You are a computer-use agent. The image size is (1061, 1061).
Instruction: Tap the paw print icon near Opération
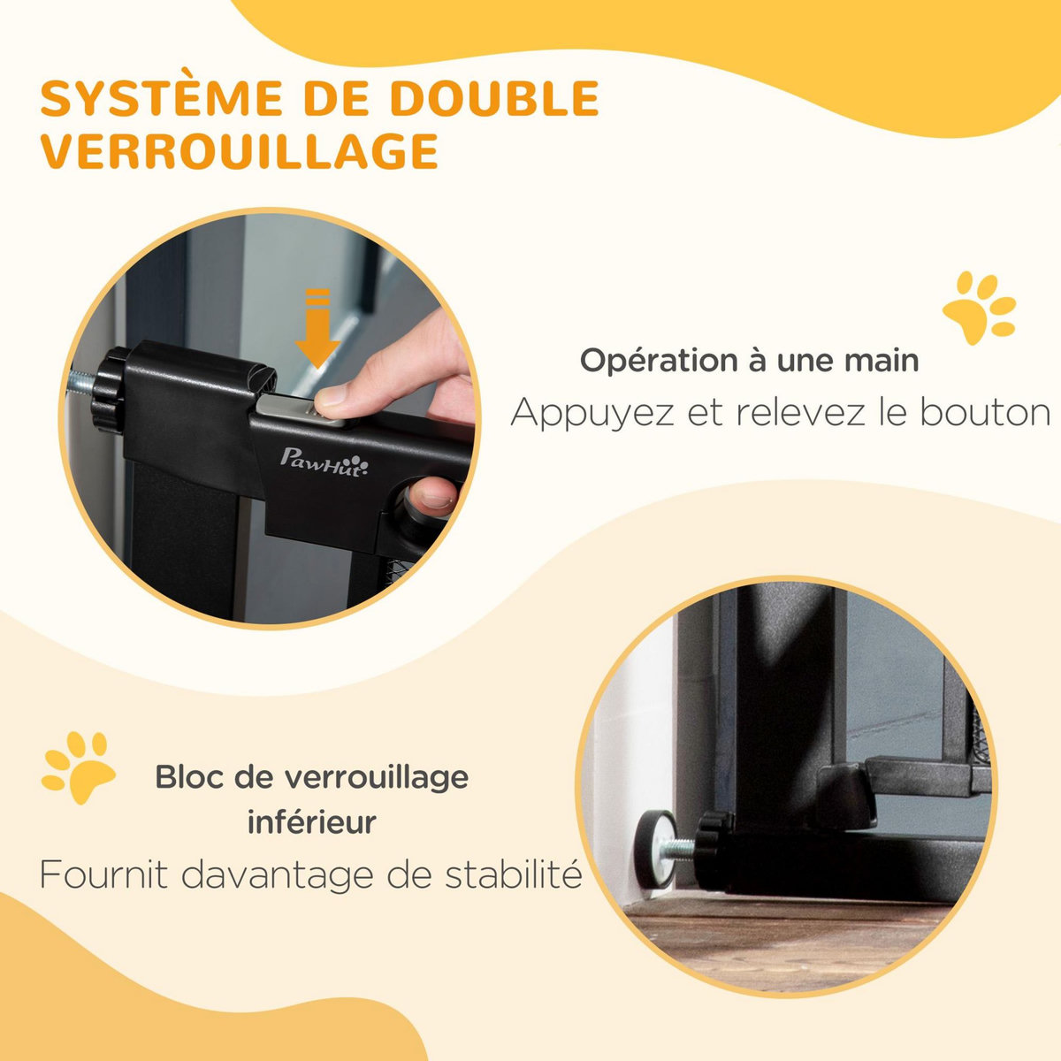pos(979,309)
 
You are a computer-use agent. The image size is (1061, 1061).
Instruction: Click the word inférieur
pos(311,822)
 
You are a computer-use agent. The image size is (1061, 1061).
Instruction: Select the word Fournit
pos(99,875)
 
